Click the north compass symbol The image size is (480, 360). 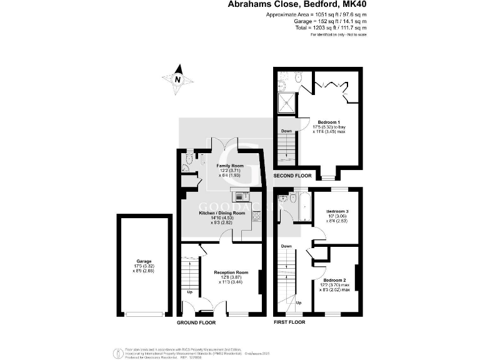[x=177, y=79]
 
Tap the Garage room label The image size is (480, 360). [x=144, y=261]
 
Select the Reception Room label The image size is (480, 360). [x=231, y=272]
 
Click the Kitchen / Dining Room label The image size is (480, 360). [x=222, y=213]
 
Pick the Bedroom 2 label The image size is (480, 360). [x=335, y=280]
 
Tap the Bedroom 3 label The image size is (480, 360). [x=337, y=212]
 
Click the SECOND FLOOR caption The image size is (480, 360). [x=293, y=176]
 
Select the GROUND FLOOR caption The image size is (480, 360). [x=196, y=323]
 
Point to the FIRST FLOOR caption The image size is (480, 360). [x=289, y=322]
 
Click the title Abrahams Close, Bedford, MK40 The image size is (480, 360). [x=297, y=5]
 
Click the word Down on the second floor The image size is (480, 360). [x=286, y=131]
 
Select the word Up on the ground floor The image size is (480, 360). [x=189, y=292]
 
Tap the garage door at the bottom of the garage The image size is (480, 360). [x=144, y=314]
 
